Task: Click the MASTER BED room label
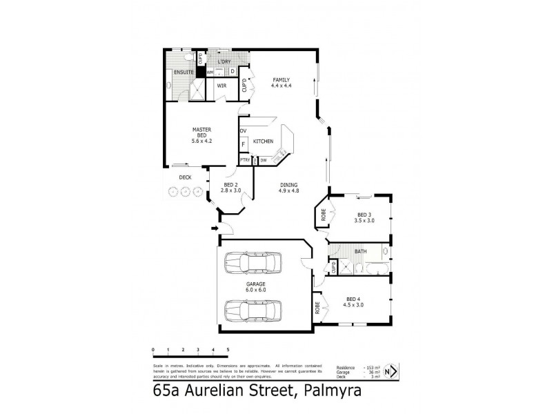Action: pos(201,135)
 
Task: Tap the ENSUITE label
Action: pos(183,72)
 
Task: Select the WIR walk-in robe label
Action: pos(222,86)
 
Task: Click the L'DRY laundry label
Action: pos(224,62)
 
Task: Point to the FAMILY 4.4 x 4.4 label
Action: pos(281,82)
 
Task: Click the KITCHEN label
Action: pos(263,141)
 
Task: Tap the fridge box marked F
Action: pos(244,144)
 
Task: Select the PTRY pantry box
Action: pos(244,160)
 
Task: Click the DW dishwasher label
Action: pos(264,160)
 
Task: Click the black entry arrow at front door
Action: pos(214,227)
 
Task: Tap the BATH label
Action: pos(360,251)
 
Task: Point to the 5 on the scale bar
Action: pos(228,351)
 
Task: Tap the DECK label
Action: pos(185,177)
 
